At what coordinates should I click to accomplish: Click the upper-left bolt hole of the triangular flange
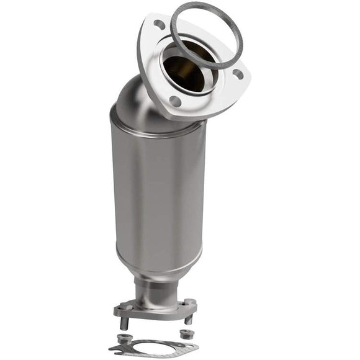(x=159, y=25)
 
